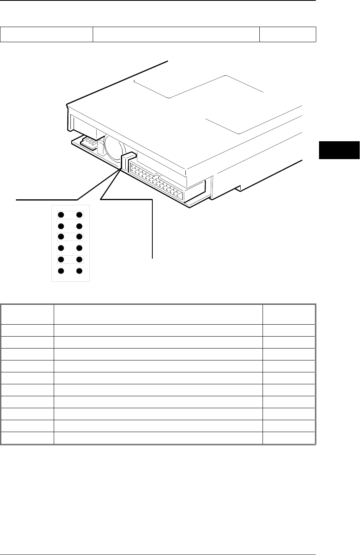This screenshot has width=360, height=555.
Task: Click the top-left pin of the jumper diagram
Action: pyautogui.click(x=61, y=215)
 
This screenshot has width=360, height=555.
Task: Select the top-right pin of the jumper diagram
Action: pyautogui.click(x=79, y=215)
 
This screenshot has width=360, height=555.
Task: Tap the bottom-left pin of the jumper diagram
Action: pyautogui.click(x=61, y=271)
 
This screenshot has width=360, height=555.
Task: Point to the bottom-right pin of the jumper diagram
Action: pyautogui.click(x=79, y=271)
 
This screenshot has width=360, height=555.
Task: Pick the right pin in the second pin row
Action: pyautogui.click(x=79, y=226)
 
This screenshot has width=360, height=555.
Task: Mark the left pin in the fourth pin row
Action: pyautogui.click(x=61, y=249)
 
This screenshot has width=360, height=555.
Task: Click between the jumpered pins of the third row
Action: pyautogui.click(x=70, y=238)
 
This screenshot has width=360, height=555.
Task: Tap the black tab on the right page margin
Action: pyautogui.click(x=339, y=150)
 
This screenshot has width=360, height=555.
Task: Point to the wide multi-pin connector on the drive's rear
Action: pyautogui.click(x=155, y=181)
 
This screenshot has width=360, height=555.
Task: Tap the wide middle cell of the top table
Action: pyautogui.click(x=176, y=34)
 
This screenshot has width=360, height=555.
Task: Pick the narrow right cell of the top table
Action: pyautogui.click(x=288, y=34)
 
